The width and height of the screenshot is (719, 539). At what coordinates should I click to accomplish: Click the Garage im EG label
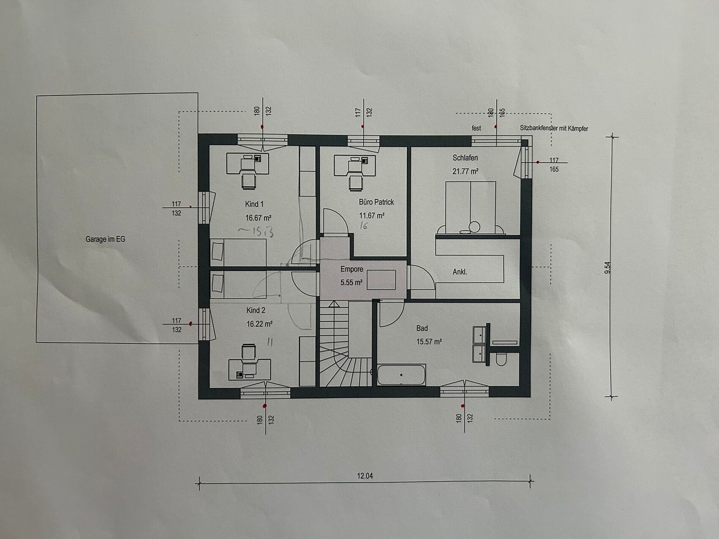tap(105, 239)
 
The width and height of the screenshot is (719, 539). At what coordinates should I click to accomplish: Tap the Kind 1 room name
tap(254, 204)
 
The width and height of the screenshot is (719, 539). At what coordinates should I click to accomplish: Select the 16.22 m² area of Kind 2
tap(259, 324)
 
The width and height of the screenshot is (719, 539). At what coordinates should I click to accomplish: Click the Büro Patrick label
tap(376, 202)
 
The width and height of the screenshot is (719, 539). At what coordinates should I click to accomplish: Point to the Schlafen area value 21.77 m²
tap(465, 171)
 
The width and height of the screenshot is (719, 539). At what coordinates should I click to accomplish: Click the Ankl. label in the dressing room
tap(460, 272)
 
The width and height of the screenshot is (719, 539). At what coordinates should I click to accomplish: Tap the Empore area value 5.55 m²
tap(351, 282)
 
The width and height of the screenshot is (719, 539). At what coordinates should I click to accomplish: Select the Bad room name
tap(422, 328)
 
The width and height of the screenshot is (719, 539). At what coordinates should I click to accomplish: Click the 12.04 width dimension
tap(365, 476)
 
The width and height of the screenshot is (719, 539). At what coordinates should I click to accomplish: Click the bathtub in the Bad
tap(401, 375)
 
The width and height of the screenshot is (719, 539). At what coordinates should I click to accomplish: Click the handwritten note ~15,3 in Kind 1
tap(256, 232)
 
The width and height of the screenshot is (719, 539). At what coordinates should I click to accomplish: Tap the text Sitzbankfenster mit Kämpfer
tap(554, 128)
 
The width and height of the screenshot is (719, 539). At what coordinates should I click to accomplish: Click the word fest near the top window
tap(476, 128)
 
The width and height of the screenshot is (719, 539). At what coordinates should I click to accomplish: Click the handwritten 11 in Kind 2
tap(270, 342)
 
